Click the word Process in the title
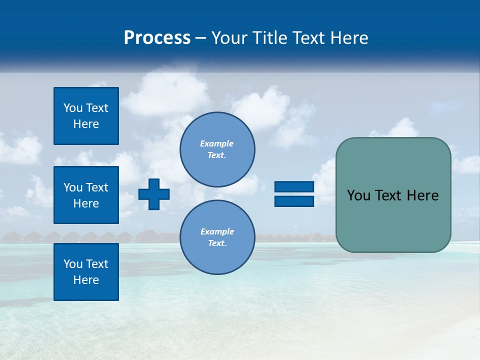[157, 38]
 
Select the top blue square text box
[86, 116]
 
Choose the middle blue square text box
[86, 195]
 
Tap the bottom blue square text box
[86, 272]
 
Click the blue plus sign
[154, 194]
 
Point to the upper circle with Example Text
[217, 149]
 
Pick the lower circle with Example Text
[217, 237]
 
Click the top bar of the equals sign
[294, 186]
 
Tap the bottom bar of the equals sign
[294, 201]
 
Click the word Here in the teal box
[423, 195]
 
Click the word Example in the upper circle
[217, 143]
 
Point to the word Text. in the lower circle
[217, 243]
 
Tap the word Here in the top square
[86, 124]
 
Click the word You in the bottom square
[73, 264]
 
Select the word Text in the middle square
[97, 187]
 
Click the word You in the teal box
[358, 195]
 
